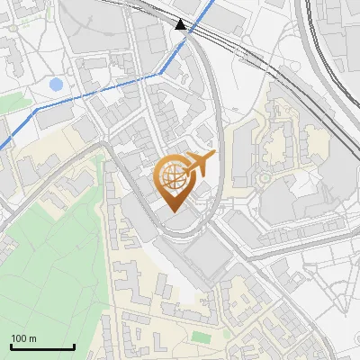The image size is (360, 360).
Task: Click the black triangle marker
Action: pos(183,24)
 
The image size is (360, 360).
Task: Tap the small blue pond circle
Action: pos(56,85)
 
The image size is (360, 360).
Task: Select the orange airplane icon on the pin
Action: pos(200,163)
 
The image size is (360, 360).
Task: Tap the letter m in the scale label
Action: pos(33,338)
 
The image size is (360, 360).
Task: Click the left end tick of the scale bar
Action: pos(11,346)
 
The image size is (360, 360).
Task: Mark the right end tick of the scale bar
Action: pos(74,346)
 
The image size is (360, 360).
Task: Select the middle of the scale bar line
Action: pos(42,347)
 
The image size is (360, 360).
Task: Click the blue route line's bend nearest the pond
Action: pos(38,108)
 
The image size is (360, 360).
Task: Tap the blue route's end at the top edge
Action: pos(213,2)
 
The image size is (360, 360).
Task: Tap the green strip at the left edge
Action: pos(11,103)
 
